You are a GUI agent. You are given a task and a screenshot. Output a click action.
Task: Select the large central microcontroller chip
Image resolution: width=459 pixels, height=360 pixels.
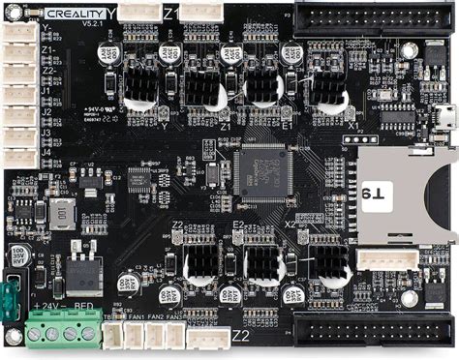click(x=262, y=170)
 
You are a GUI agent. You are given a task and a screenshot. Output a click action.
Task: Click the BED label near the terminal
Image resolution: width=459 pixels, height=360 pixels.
click(x=84, y=309)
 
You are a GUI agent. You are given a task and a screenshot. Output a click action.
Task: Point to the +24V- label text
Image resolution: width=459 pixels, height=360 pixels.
click(x=48, y=309)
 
